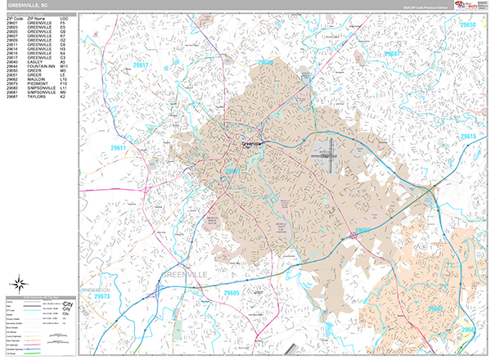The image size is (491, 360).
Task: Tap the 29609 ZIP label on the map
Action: coord(266,62)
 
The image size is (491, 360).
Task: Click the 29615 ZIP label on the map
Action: coord(469,136)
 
